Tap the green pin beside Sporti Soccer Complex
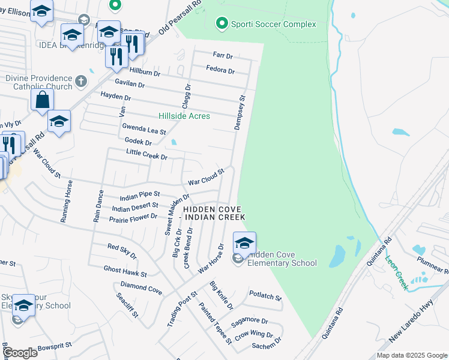[222, 24]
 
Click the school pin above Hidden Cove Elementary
[244, 243]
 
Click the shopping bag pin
[43, 100]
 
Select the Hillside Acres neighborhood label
[184, 116]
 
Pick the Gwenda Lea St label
[143, 129]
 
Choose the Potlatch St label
[265, 296]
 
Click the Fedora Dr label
[220, 71]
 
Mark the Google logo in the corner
[20, 353]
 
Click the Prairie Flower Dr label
[133, 218]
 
